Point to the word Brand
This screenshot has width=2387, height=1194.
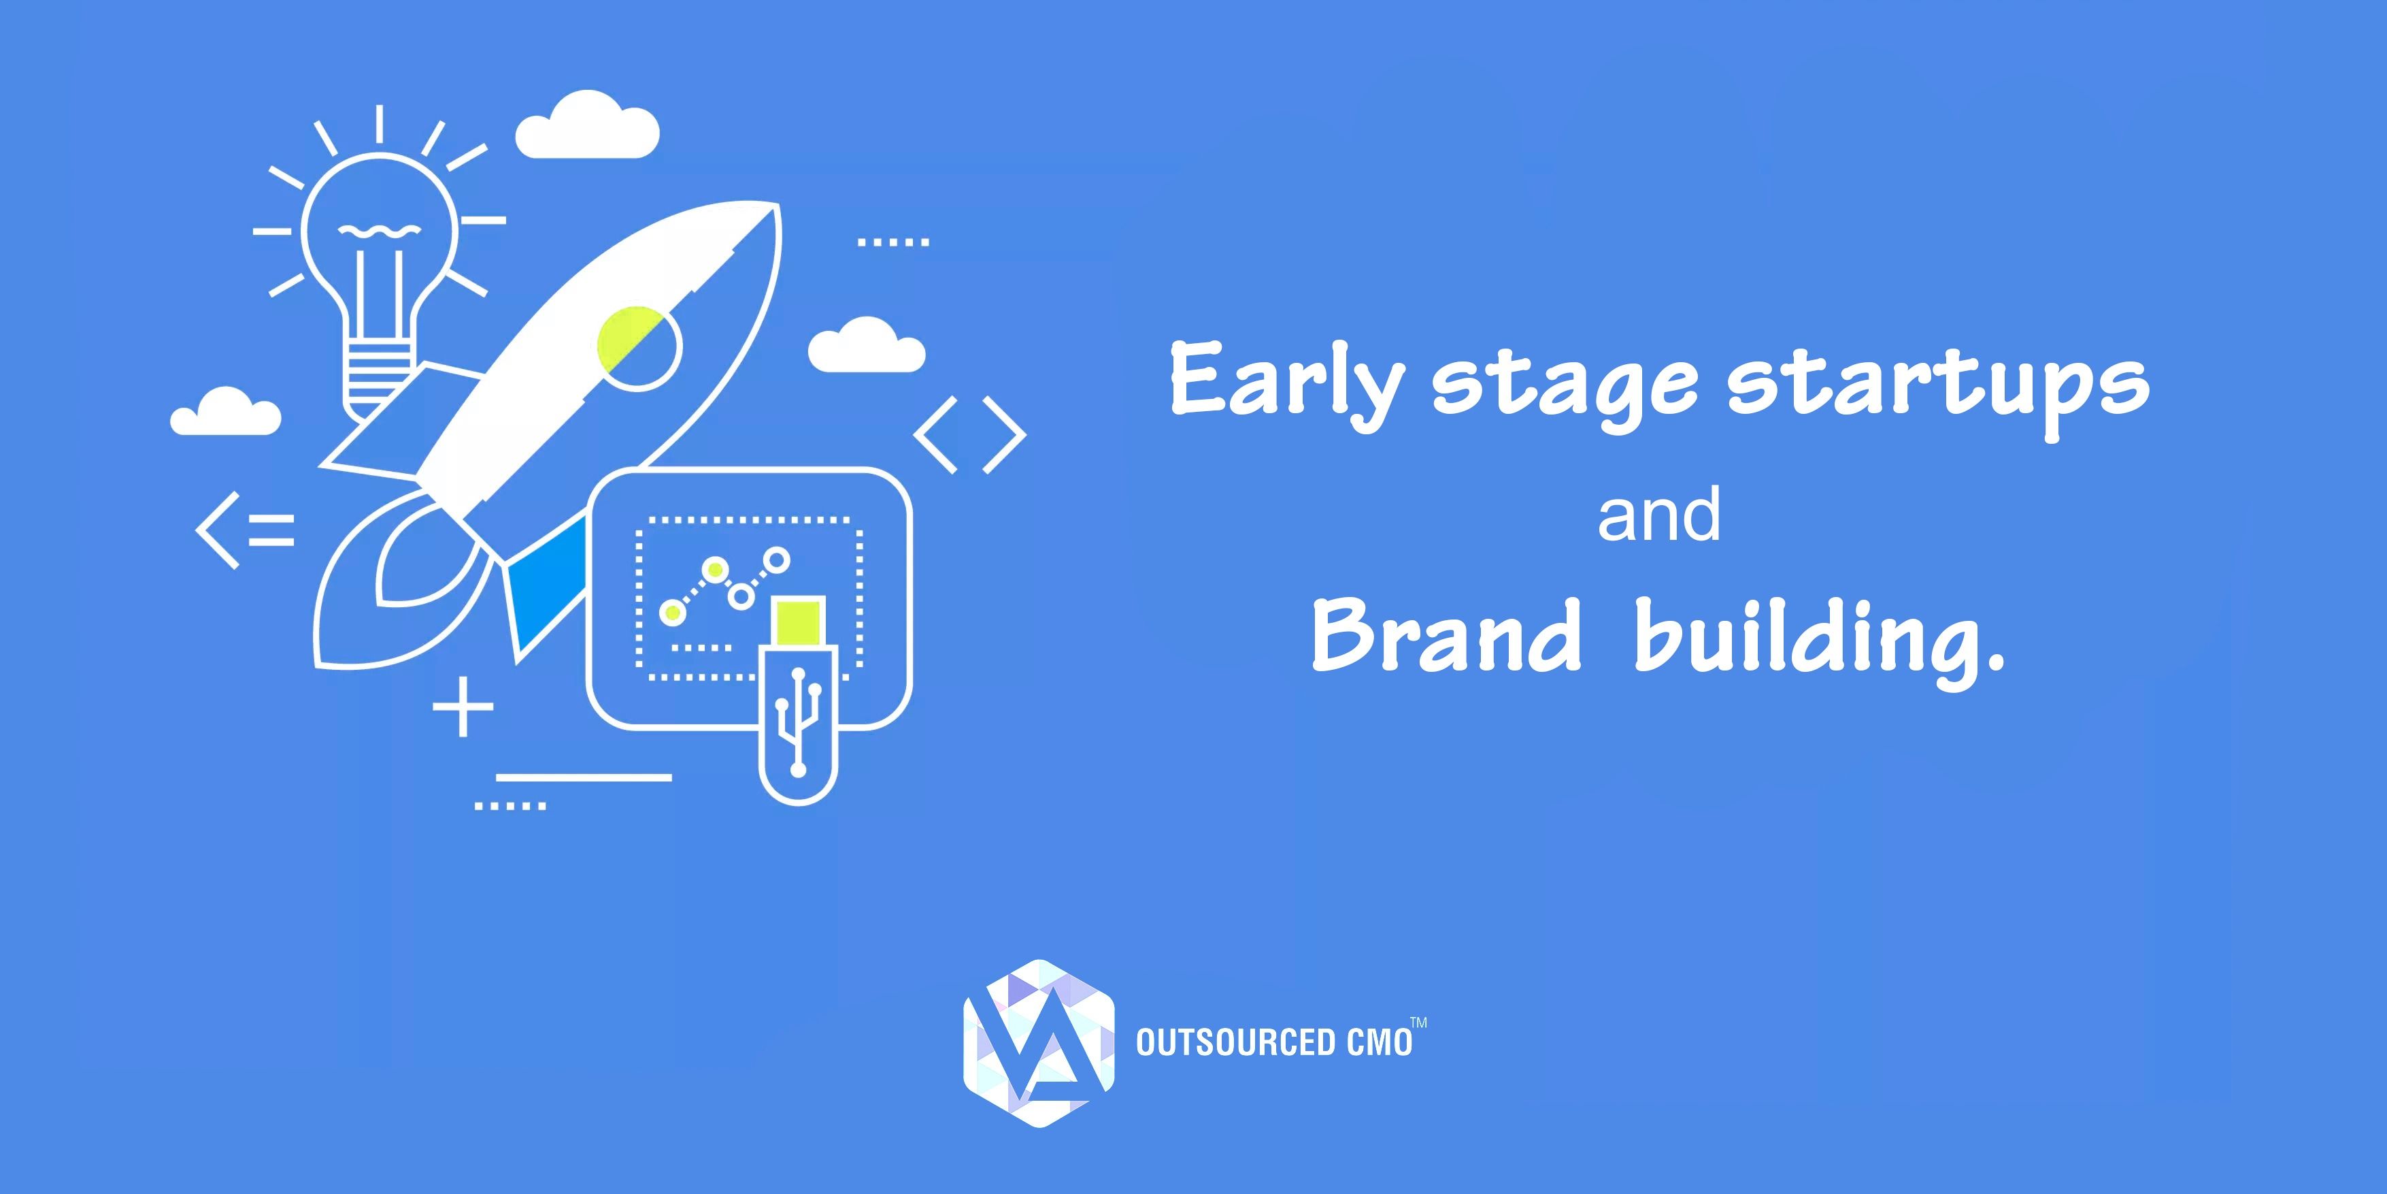(x=1446, y=635)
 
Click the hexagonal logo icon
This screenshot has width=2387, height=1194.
(x=1039, y=1043)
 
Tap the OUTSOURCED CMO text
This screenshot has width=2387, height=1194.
(x=1274, y=1043)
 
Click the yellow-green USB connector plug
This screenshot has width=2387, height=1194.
(x=798, y=621)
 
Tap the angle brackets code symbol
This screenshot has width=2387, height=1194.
(x=970, y=436)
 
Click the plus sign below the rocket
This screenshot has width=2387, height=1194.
(x=463, y=708)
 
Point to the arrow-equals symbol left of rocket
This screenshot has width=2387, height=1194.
(x=246, y=528)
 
